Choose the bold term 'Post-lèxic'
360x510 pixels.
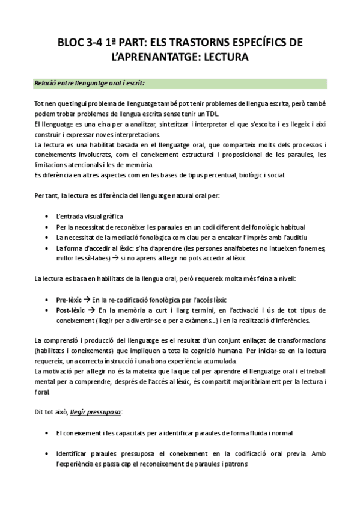[70, 310]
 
